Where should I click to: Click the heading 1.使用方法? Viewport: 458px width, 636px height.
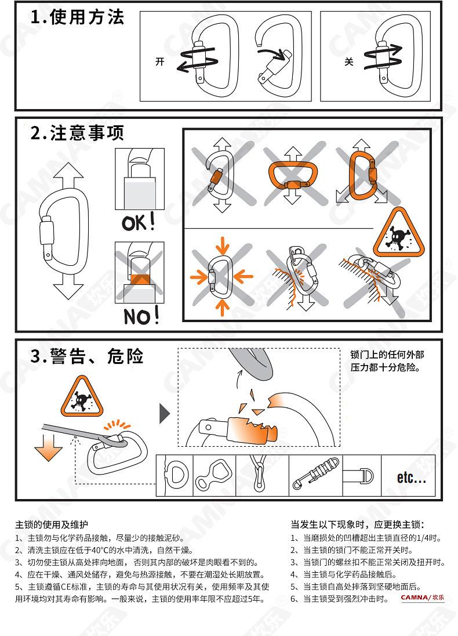77,17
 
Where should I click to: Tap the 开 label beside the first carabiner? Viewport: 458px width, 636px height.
160,62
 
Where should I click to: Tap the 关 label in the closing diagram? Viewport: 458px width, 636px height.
349,62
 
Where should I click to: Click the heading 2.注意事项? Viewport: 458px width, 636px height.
77,133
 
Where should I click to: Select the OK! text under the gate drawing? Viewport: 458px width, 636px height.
139,222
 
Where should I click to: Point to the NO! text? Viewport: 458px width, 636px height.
141,316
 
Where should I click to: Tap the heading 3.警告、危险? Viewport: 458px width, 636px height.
87,356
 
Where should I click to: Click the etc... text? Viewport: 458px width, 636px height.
412,478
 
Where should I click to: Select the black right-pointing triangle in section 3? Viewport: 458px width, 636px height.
165,414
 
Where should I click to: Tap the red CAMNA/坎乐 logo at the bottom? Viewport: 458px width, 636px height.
422,598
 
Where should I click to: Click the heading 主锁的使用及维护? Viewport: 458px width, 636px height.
52,525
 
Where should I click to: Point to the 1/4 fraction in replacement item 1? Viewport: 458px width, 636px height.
424,539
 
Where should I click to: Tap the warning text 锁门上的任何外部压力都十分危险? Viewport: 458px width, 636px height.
387,361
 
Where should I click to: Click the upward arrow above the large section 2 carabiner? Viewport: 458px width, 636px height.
68,176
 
